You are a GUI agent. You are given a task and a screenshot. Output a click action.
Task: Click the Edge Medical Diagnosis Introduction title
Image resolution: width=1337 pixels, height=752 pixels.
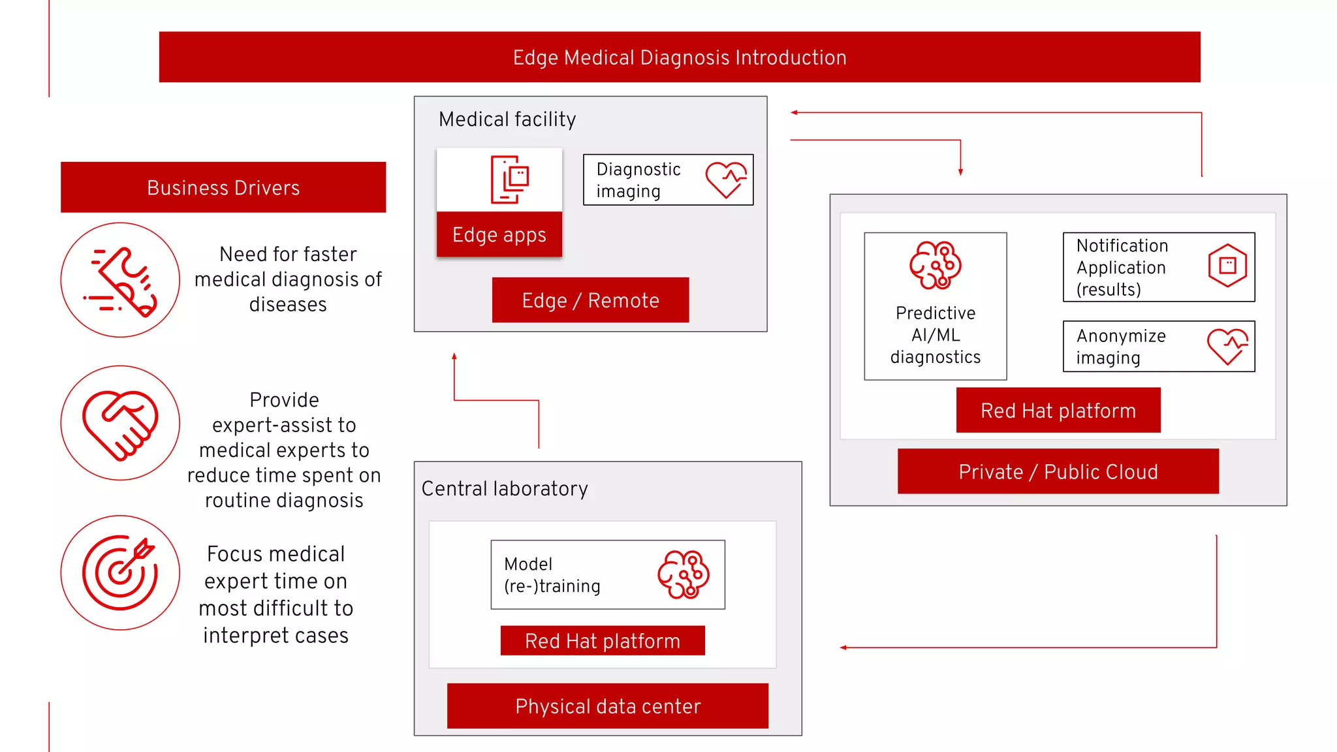[x=679, y=57]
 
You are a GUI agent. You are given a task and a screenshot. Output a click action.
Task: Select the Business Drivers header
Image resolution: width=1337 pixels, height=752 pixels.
[x=223, y=188]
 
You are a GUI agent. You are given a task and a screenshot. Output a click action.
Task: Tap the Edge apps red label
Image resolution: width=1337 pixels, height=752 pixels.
[x=499, y=234]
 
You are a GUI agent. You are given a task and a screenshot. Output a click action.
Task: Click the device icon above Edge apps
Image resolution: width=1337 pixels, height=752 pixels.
[x=510, y=180]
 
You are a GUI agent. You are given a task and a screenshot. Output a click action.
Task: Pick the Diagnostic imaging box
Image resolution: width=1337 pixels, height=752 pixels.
[x=667, y=180]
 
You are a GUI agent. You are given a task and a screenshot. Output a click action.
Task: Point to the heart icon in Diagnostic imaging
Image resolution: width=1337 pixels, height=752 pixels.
[x=726, y=180]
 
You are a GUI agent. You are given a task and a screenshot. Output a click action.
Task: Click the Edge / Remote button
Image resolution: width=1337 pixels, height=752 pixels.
[x=590, y=300]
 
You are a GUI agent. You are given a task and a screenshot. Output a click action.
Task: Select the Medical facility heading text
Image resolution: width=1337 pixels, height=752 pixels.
[x=507, y=119]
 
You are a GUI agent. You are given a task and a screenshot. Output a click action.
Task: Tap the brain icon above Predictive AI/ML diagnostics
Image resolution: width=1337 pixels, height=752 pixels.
[x=935, y=265]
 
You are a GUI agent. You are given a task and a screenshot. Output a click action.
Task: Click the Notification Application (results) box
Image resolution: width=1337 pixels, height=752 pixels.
[x=1158, y=268]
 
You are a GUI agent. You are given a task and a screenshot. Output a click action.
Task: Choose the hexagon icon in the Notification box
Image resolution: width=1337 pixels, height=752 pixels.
[x=1227, y=266]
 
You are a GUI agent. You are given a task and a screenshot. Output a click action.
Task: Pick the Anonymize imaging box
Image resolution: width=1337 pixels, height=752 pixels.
[x=1158, y=347]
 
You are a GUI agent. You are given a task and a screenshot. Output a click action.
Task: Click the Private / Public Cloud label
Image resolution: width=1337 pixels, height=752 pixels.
[x=1058, y=472]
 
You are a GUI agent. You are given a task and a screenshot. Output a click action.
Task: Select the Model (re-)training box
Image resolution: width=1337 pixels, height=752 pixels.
[x=607, y=575]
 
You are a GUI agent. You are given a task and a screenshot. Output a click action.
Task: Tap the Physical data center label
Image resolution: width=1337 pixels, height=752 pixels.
[x=607, y=706]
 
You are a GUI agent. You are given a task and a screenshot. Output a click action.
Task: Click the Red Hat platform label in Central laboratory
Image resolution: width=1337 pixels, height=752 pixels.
[x=602, y=641]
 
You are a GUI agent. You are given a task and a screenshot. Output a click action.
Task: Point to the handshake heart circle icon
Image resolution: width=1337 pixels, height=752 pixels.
[x=120, y=423]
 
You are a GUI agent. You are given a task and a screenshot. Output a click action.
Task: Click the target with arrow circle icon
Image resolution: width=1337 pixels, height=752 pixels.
[x=120, y=573]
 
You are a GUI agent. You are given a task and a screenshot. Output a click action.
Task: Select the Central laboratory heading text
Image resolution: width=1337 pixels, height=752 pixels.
[x=505, y=489]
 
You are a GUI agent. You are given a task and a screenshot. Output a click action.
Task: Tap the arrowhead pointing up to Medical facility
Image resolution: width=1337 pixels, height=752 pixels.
[x=454, y=356]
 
